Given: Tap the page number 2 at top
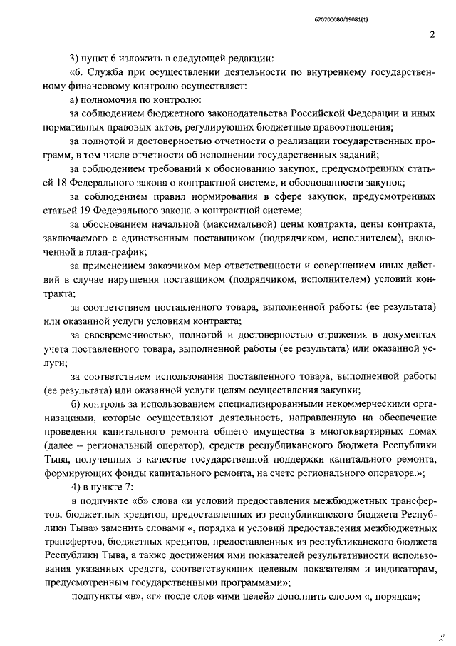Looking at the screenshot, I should coord(432,35).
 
